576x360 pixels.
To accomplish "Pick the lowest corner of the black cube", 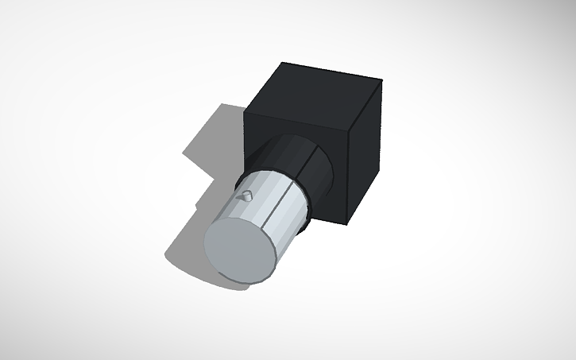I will point(347,223).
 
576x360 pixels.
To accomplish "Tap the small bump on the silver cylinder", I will point(247,193).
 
